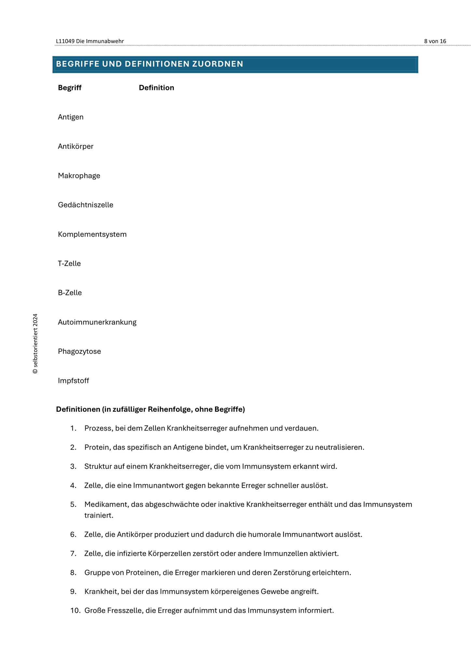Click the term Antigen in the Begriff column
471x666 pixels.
coord(71,117)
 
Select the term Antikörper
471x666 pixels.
coord(75,146)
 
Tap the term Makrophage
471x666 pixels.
coord(79,176)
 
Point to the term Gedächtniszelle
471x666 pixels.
coord(86,205)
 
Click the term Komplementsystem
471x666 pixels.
coord(92,234)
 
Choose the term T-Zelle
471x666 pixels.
coord(69,263)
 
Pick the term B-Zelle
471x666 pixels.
coord(70,293)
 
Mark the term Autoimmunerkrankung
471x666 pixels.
coord(97,322)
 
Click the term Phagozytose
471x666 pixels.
coord(79,352)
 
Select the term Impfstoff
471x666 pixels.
coord(73,381)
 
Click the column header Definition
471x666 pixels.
coord(156,88)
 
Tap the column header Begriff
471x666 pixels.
coord(70,88)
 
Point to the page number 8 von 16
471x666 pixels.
coord(435,41)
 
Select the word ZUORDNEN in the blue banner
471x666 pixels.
coord(218,64)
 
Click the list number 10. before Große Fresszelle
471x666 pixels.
coord(75,611)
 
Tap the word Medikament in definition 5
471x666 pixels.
coord(103,505)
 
